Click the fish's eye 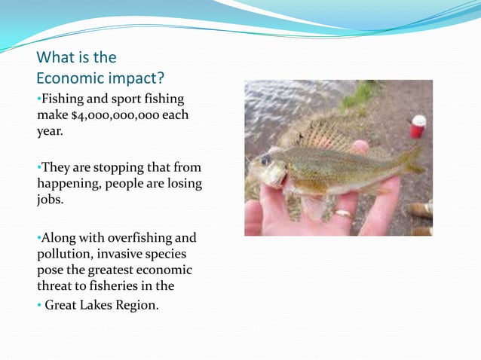265,160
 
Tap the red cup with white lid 418,126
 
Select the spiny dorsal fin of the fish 324,136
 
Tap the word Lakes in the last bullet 97,305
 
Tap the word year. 51,131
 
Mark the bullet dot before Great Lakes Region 39,305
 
